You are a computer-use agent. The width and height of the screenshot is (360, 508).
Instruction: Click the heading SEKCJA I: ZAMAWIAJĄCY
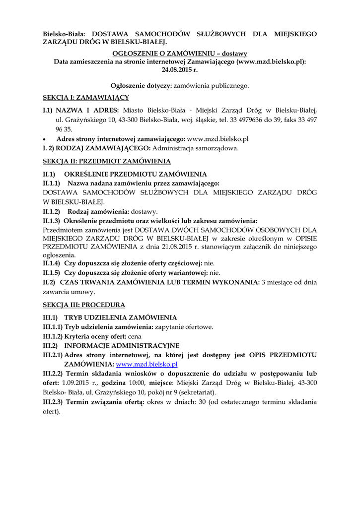coord(86,97)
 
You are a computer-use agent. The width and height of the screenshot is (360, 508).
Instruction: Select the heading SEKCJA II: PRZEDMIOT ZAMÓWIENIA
coord(107,161)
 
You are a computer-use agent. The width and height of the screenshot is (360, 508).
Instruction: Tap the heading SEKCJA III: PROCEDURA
coord(84,305)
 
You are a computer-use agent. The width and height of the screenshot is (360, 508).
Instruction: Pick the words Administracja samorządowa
coord(195,148)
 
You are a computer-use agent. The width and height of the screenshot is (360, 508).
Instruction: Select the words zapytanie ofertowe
coord(184,327)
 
